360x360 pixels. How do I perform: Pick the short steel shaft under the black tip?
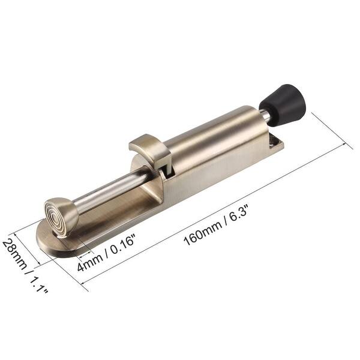264,116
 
